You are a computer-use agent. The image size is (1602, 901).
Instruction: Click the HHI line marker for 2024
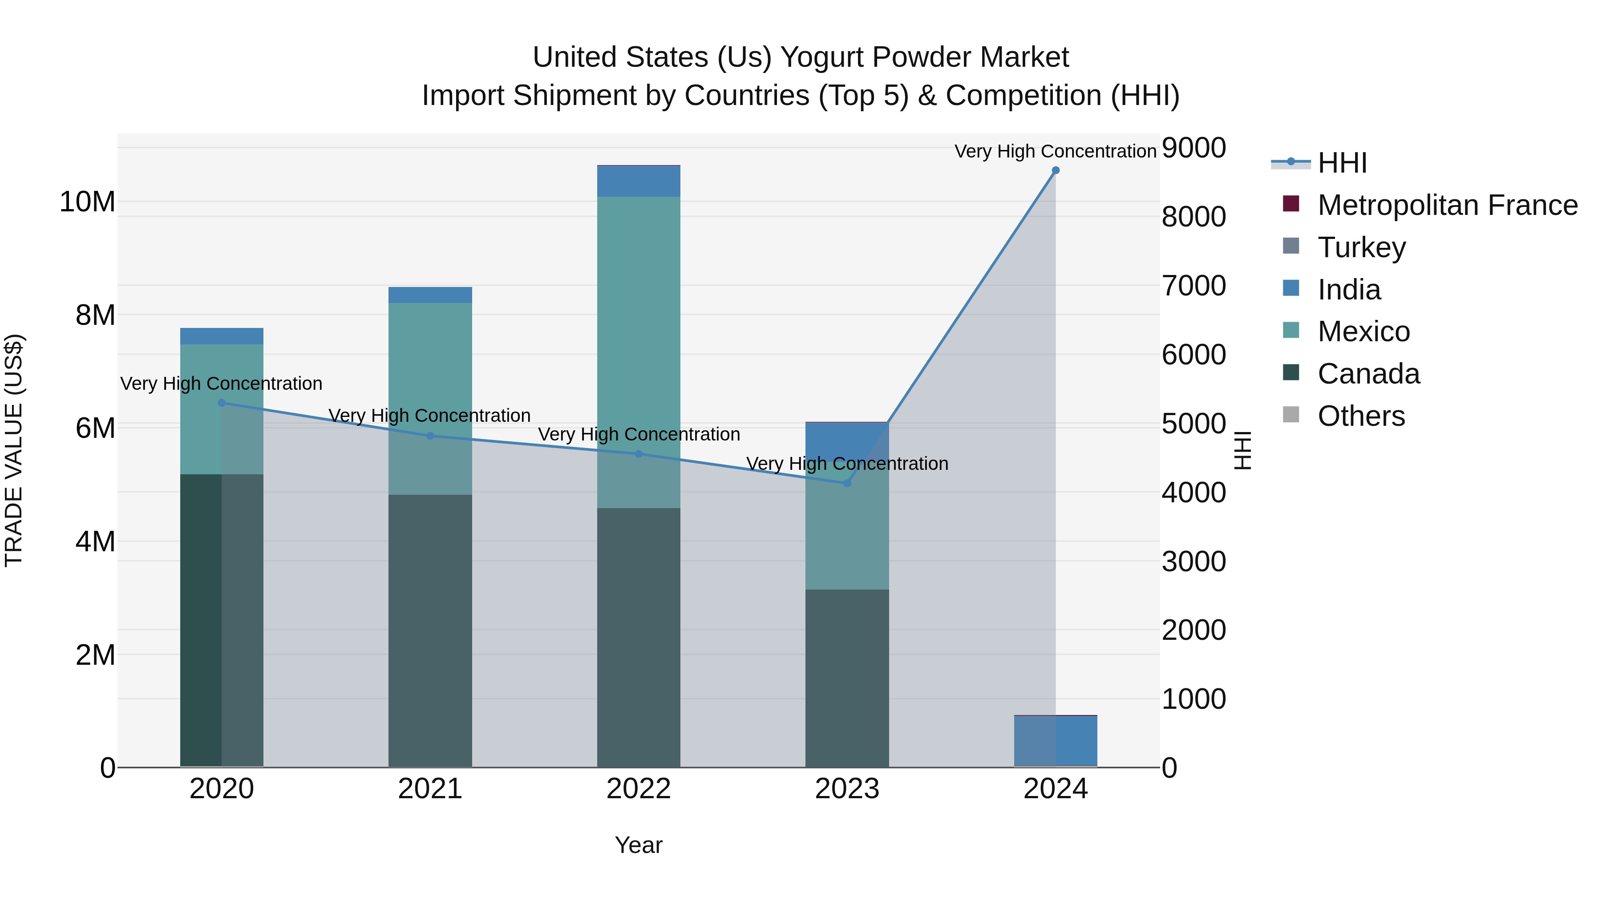coord(1056,170)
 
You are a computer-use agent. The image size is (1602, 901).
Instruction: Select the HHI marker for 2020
coord(222,403)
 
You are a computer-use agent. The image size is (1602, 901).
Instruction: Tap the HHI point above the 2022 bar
coord(639,454)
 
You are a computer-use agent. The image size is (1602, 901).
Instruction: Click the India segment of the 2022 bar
coord(639,182)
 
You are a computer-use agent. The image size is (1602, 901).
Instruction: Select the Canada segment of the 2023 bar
coord(847,678)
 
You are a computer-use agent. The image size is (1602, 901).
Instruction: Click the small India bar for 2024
coord(1056,740)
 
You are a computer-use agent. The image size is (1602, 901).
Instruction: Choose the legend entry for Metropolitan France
coord(1447,205)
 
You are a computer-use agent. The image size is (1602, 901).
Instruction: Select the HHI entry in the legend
coord(1342,163)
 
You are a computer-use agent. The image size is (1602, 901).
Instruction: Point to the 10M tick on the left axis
coord(87,202)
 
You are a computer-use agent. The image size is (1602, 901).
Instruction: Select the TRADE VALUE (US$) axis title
coord(14,450)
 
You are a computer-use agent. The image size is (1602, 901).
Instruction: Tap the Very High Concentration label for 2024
coord(1056,151)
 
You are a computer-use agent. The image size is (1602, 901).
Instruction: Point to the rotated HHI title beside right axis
coord(1242,450)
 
